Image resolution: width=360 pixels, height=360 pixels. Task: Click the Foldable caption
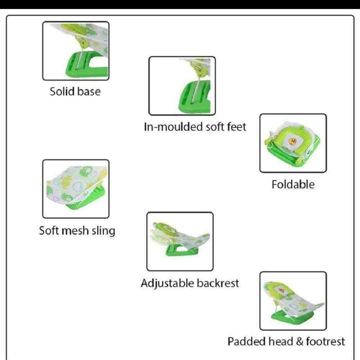coord(293,184)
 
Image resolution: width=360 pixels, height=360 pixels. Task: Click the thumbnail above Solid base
coord(76,51)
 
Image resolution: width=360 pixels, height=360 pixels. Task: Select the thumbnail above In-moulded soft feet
coord(182,86)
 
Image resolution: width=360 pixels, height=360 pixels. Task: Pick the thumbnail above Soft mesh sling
coord(76,189)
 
